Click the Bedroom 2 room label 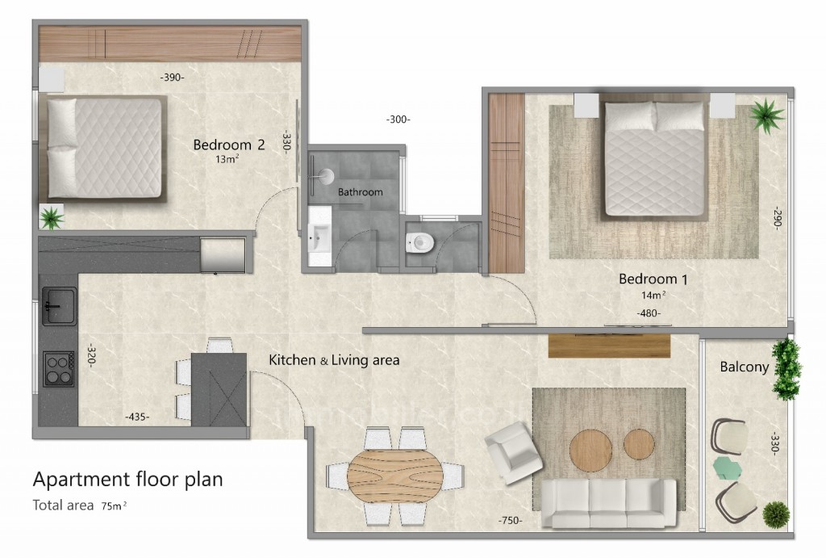(x=229, y=145)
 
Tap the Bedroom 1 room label (x=653, y=279)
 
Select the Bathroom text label (x=360, y=192)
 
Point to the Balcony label (x=742, y=367)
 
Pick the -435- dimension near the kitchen (x=137, y=417)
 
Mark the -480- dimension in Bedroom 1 (x=649, y=313)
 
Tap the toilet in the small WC (x=421, y=241)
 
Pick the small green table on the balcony (x=729, y=468)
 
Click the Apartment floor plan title (x=127, y=479)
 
